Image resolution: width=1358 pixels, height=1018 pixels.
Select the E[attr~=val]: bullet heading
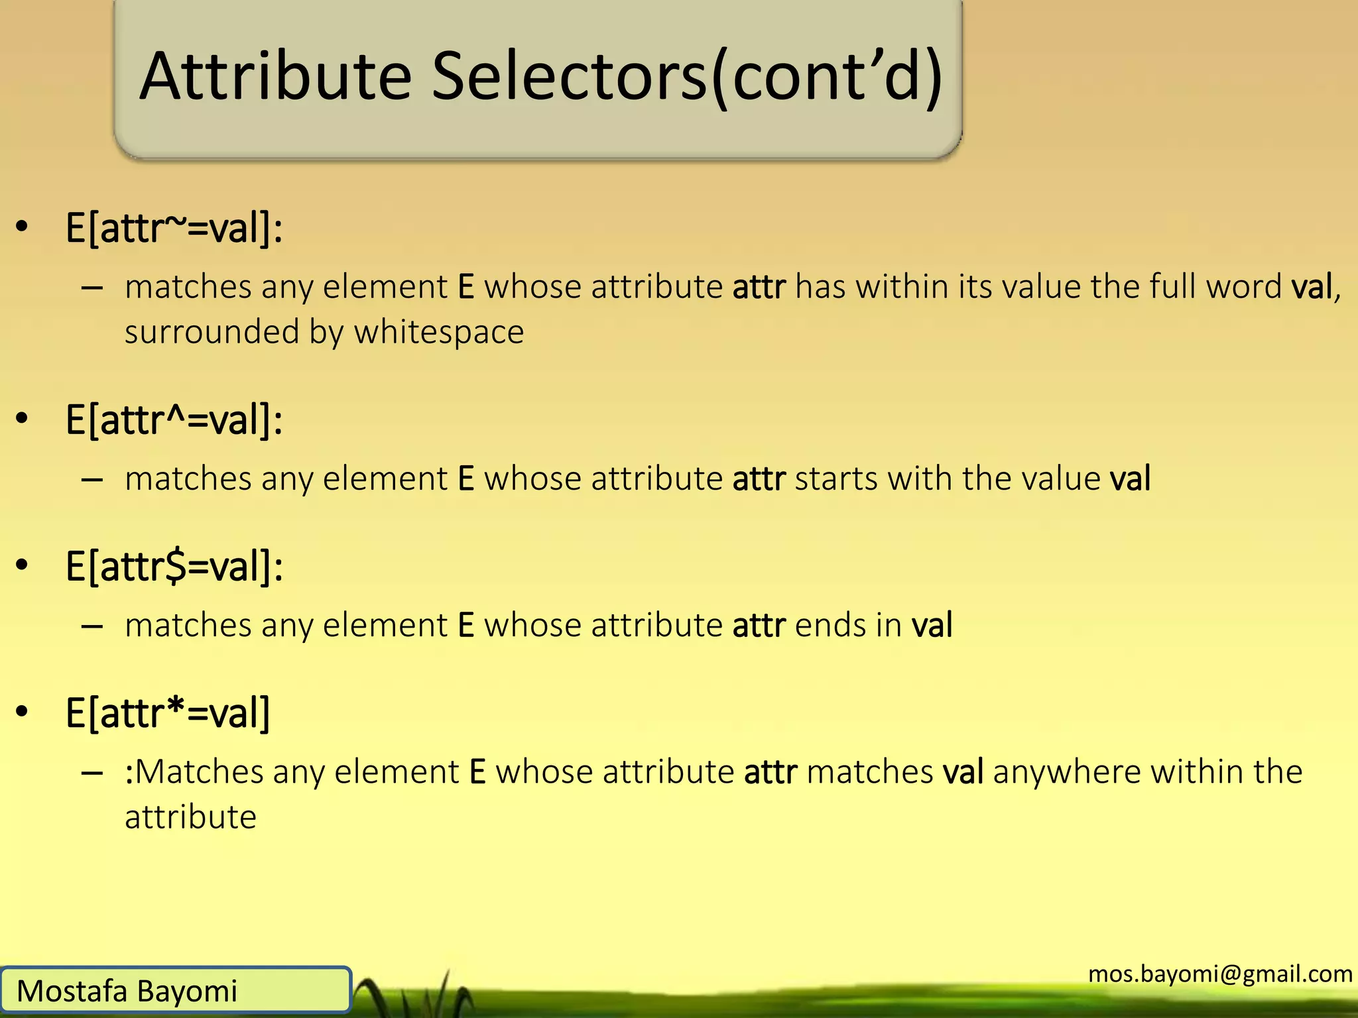coord(174,228)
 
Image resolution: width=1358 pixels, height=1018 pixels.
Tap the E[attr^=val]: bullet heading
coord(174,420)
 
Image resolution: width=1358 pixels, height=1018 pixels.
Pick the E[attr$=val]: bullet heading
coord(174,567)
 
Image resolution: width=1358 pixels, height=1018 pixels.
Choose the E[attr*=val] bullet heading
coord(168,714)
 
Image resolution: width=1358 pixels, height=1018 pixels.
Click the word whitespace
coord(439,331)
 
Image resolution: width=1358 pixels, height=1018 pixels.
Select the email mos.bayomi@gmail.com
coord(1220,974)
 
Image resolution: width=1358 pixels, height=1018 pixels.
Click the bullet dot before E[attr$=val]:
coord(23,565)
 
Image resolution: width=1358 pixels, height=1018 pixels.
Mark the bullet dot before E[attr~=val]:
coord(23,227)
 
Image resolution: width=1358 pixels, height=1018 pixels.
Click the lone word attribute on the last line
coord(190,817)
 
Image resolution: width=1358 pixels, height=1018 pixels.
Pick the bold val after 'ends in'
coord(932,626)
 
